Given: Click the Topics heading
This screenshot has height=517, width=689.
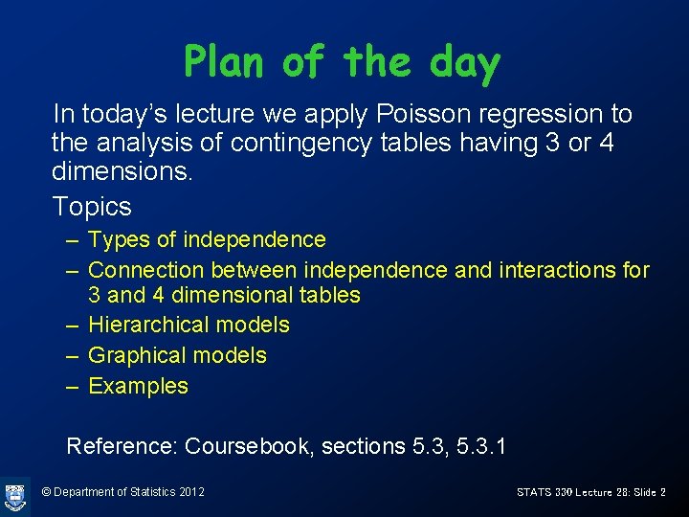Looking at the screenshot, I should (x=92, y=206).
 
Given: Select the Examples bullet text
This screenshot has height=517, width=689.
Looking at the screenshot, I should (x=138, y=386).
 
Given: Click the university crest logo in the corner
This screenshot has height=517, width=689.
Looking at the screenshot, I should (x=15, y=495).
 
